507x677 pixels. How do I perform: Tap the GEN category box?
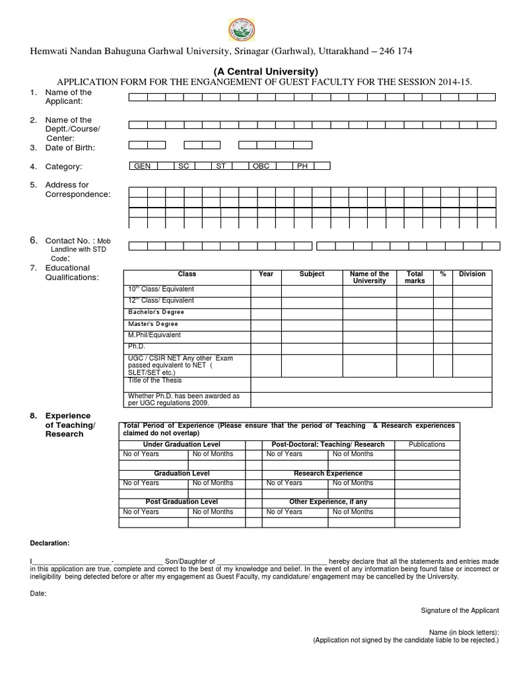(x=142, y=166)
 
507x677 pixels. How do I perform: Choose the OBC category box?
(x=261, y=166)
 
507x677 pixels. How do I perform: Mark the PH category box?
(x=302, y=166)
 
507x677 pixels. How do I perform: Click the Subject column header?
(x=312, y=274)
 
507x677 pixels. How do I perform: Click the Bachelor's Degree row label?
(x=156, y=312)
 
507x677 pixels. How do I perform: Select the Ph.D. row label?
(x=136, y=346)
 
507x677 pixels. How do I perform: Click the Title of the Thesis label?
(x=154, y=381)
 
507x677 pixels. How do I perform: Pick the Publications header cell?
(x=427, y=444)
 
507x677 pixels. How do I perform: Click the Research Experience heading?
(x=327, y=473)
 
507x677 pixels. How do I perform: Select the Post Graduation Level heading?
(x=182, y=502)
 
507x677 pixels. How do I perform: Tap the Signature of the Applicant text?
(x=459, y=610)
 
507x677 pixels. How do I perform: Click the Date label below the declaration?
(x=38, y=594)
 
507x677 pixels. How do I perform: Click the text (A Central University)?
(x=265, y=71)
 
